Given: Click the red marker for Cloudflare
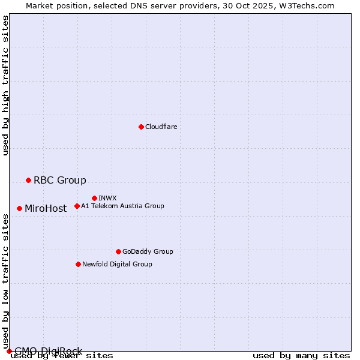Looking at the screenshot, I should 141,127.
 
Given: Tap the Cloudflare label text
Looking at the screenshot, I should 161,127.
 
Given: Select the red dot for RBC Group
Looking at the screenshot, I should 28,180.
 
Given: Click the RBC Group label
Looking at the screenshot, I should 60,181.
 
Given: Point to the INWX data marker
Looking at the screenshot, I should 94,198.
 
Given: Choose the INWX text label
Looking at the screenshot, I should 107,199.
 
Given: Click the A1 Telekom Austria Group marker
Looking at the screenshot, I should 77,206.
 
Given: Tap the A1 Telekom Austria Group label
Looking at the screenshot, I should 122,206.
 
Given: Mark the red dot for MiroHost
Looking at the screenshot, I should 19,208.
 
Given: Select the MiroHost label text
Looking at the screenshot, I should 46,209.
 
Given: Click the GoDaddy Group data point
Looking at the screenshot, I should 118,251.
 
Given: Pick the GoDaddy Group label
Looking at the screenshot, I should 148,252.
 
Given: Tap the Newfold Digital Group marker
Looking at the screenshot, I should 78,264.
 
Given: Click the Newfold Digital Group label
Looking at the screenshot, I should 117,265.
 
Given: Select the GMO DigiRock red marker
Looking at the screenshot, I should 8,351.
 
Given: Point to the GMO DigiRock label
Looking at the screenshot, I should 48,351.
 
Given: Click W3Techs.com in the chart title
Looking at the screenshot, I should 307,5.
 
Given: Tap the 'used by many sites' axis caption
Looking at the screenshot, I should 301,356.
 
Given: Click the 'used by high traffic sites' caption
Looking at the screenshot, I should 5,85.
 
